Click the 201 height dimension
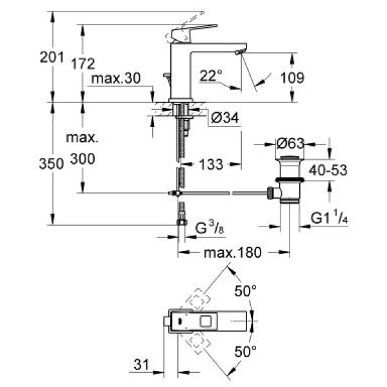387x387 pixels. (52, 57)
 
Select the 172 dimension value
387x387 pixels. (84, 63)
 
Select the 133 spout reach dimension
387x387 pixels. (210, 165)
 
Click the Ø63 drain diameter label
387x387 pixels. (290, 143)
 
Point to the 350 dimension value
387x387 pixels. (52, 164)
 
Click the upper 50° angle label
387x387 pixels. (245, 292)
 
